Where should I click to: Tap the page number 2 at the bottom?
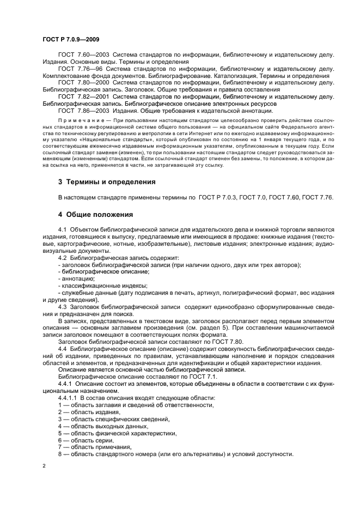point(44,466)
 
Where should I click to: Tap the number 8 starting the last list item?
point(60,454)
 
